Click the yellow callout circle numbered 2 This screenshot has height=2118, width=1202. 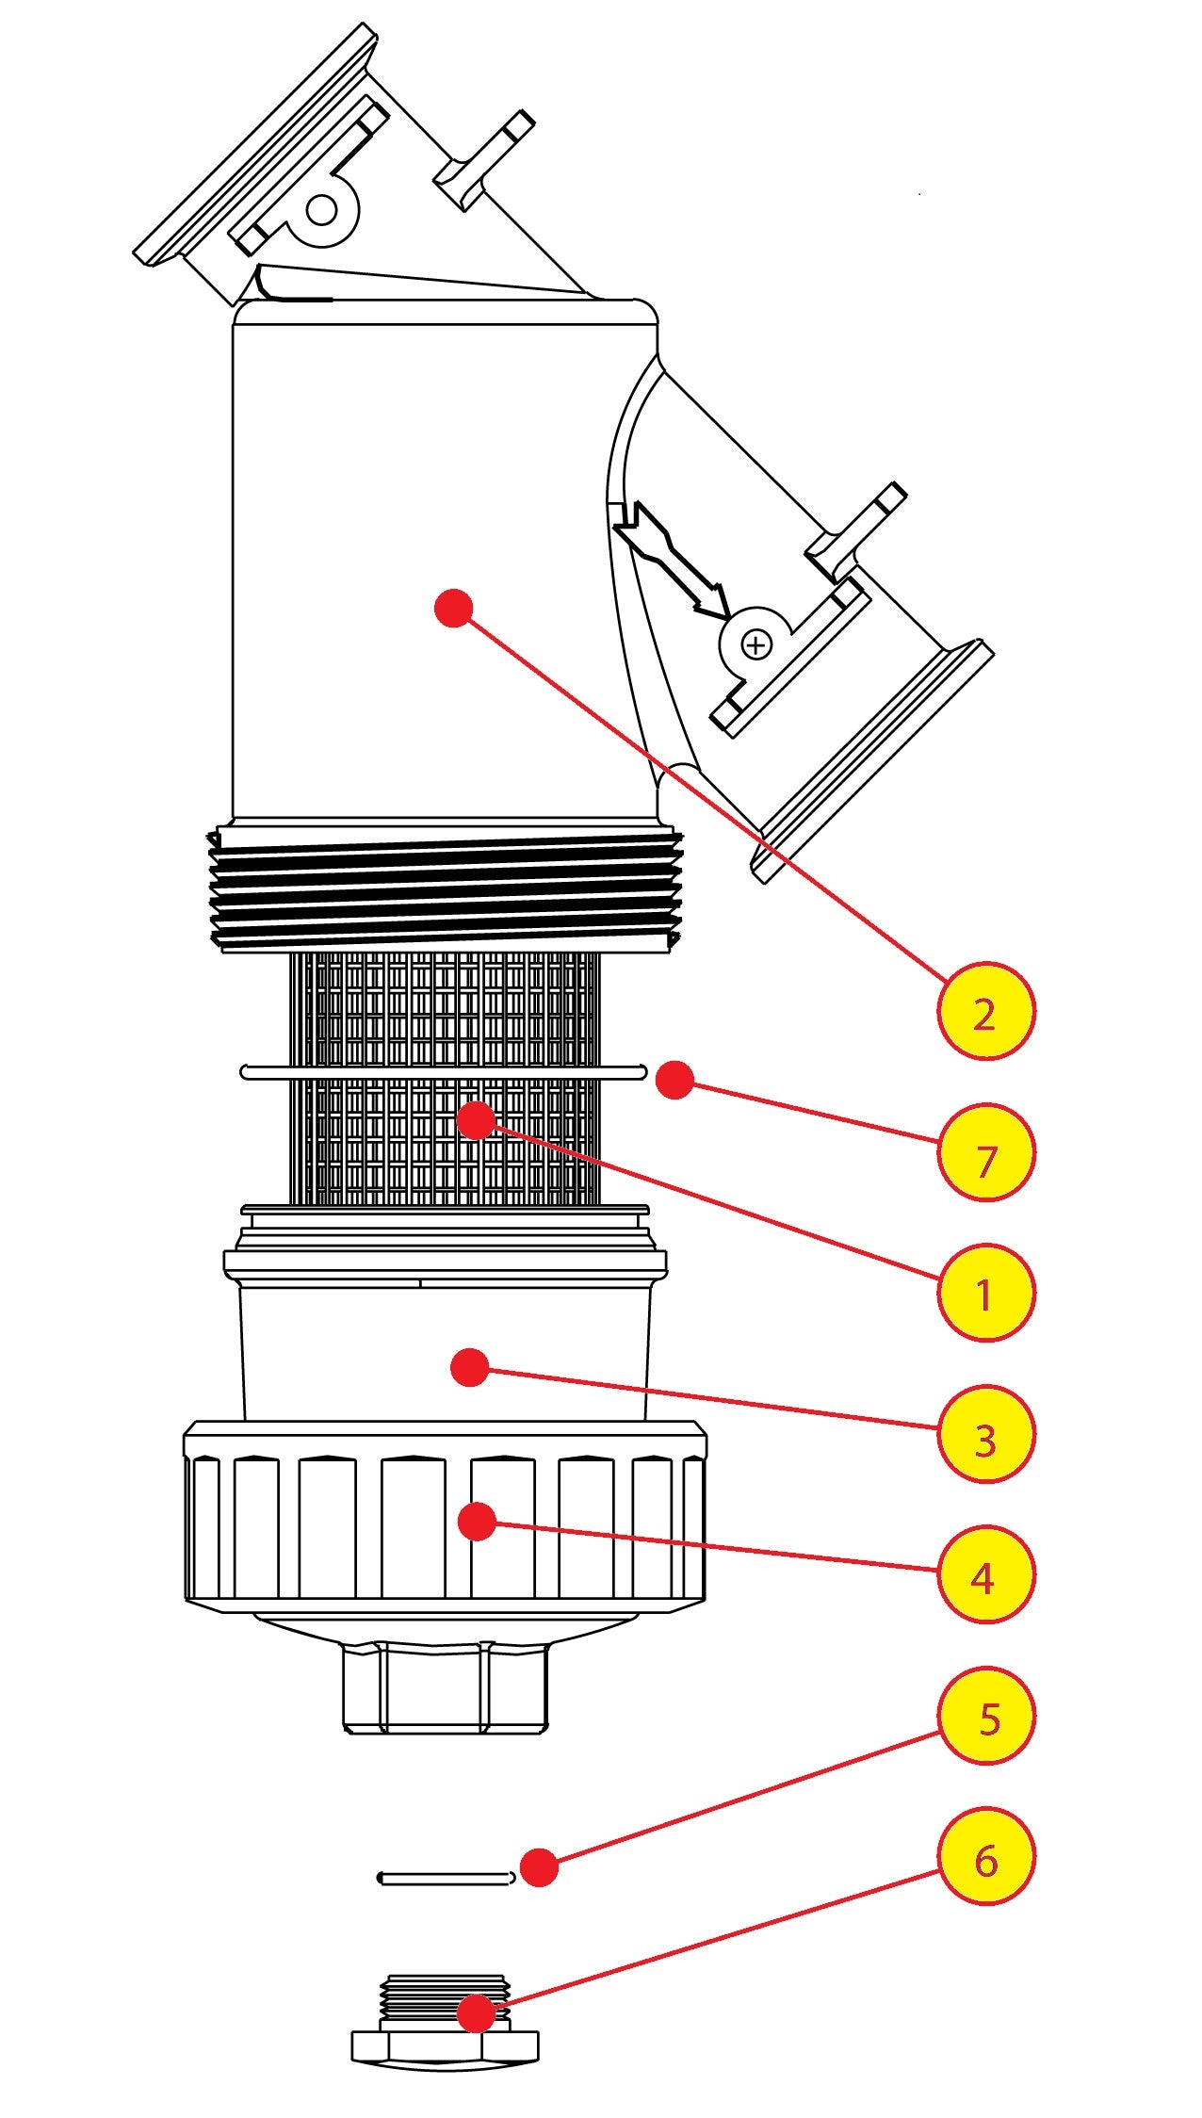tap(985, 1011)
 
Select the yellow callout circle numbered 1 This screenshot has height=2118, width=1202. tap(985, 1293)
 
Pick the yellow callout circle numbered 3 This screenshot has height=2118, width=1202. tap(985, 1434)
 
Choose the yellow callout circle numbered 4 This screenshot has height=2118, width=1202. tap(985, 1574)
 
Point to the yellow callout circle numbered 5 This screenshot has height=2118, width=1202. tap(985, 1716)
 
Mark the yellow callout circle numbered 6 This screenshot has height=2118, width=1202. tap(985, 1857)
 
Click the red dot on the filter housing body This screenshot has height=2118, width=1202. tap(453, 609)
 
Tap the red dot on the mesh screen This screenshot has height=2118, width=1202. tap(476, 1120)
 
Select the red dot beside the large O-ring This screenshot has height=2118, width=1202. tap(674, 1080)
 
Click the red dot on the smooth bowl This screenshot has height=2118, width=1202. tap(470, 1367)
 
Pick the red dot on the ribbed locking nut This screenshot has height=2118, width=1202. tap(477, 1522)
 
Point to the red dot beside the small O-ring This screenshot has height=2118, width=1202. tap(539, 1867)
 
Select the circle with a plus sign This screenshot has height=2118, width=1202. tap(756, 645)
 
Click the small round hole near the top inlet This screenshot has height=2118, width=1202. tap(321, 209)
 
